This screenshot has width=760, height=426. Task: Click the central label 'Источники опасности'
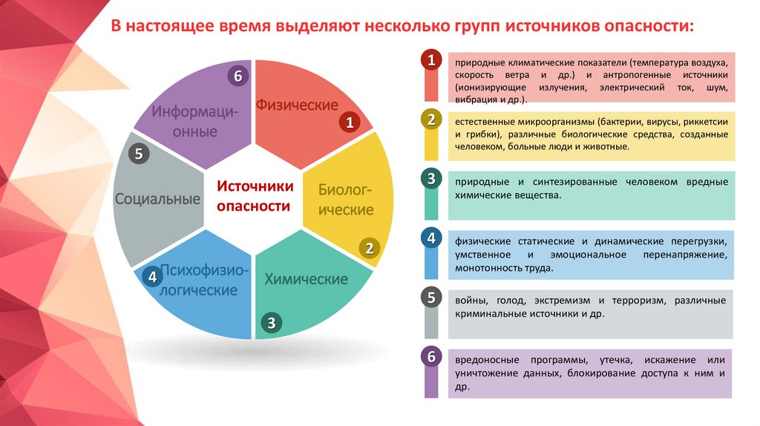click(x=254, y=196)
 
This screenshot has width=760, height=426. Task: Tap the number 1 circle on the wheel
click(x=348, y=123)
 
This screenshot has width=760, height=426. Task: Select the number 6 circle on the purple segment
click(x=237, y=76)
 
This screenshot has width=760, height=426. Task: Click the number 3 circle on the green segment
click(x=272, y=323)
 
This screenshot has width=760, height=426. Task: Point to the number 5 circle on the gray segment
click(x=140, y=154)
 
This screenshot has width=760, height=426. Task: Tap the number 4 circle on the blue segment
click(x=152, y=277)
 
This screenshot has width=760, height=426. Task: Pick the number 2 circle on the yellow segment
click(x=368, y=249)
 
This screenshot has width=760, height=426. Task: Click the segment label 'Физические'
click(x=297, y=105)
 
